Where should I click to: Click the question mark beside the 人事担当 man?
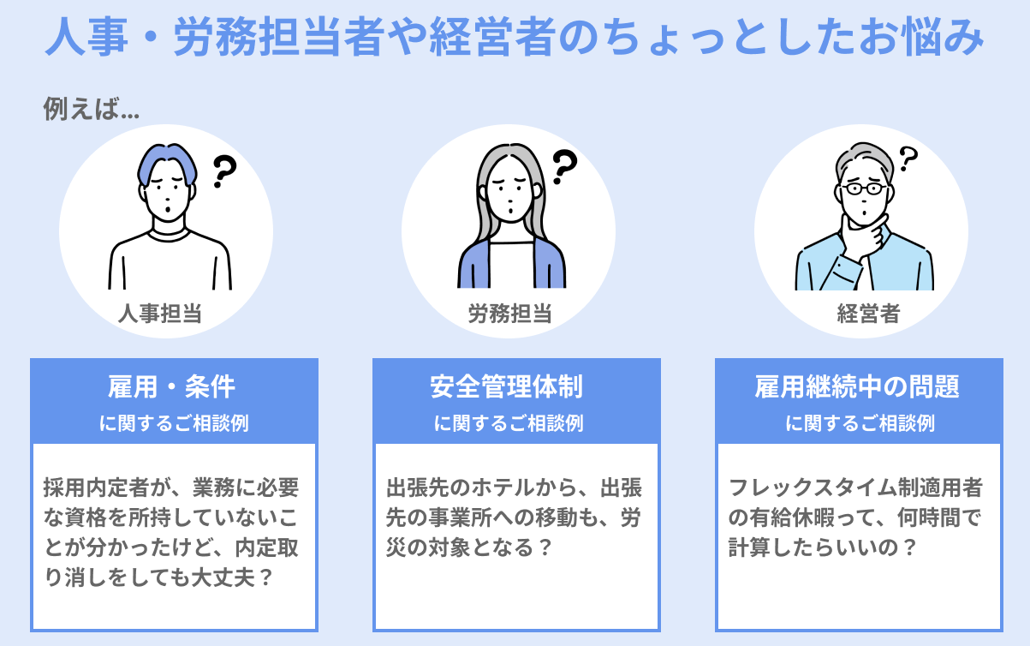point(223,171)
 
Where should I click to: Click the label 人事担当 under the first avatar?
point(160,314)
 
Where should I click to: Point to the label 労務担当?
point(509,314)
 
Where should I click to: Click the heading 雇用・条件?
point(172,387)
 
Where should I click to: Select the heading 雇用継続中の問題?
point(857,387)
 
